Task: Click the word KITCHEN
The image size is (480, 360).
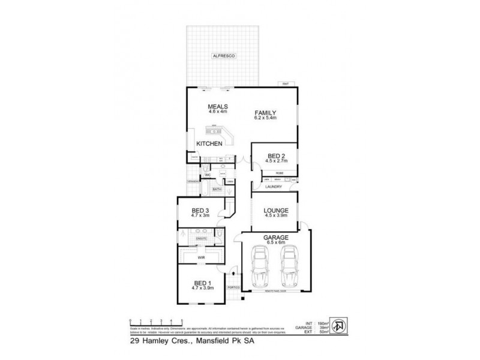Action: [210, 144]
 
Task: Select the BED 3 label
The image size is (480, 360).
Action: [200, 210]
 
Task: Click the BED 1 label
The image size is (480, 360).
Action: [202, 283]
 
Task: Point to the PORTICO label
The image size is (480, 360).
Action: [233, 288]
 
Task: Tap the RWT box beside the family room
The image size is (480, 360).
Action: [286, 84]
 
